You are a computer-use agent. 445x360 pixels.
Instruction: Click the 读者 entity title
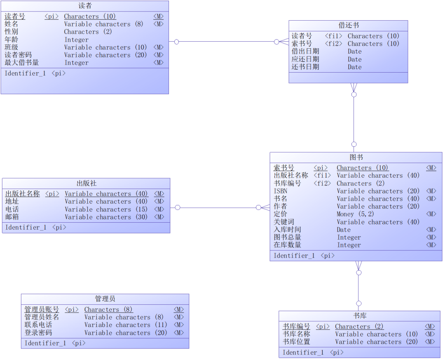[85, 6]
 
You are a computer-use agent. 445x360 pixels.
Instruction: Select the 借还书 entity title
[349, 25]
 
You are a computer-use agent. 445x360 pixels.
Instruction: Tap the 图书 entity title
[356, 157]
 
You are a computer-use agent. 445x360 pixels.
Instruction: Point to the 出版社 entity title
[86, 183]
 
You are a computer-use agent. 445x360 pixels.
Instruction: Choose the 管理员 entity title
[105, 299]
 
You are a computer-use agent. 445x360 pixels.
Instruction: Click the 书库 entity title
[360, 316]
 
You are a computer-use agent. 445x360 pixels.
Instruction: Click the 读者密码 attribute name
[18, 55]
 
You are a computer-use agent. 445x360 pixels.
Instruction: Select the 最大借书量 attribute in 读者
[21, 63]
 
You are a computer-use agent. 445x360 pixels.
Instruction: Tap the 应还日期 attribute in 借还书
[305, 59]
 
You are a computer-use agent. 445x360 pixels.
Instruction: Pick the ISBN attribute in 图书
[281, 191]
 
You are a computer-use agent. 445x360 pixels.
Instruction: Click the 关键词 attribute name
[284, 222]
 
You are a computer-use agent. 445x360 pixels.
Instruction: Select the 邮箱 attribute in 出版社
[12, 217]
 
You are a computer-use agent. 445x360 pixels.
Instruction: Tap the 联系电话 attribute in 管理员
[38, 325]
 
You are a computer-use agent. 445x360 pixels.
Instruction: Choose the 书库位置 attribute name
[296, 342]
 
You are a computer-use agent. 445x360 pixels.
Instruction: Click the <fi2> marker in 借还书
[333, 44]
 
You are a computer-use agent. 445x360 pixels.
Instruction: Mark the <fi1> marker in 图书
[322, 176]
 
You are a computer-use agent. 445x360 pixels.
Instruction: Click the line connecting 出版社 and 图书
[220, 207]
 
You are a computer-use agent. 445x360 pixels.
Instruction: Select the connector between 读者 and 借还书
[229, 42]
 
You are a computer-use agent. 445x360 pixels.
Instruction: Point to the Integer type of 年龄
[76, 40]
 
